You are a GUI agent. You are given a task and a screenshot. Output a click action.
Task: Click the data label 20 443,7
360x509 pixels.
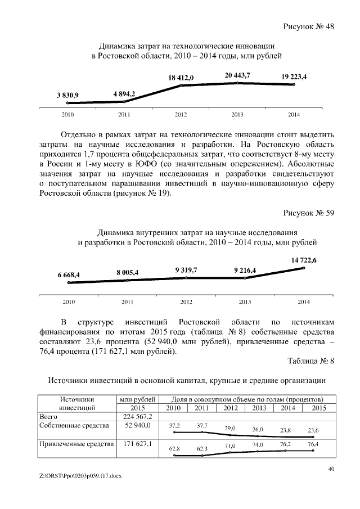click(x=237, y=75)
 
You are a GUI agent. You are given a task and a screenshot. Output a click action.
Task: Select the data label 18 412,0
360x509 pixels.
click(x=181, y=78)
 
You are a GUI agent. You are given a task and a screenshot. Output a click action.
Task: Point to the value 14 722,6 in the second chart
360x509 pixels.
click(x=304, y=260)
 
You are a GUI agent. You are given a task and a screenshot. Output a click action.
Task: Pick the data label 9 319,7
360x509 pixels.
click(x=186, y=270)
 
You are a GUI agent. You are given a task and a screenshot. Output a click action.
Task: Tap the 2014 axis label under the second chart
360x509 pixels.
click(x=303, y=302)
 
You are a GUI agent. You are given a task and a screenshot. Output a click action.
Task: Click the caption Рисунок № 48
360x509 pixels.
click(x=308, y=26)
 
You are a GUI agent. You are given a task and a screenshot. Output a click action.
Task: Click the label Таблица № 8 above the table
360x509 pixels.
click(x=311, y=361)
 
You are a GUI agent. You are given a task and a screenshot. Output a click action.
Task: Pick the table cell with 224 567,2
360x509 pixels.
click(x=138, y=416)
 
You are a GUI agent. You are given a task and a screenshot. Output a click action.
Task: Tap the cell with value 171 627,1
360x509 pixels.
click(x=138, y=445)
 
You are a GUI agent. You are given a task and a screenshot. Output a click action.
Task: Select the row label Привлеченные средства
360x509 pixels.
click(x=75, y=445)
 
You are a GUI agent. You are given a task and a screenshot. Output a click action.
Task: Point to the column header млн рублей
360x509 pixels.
click(x=138, y=399)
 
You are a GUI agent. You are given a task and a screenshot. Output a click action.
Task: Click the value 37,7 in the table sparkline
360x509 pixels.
click(x=201, y=426)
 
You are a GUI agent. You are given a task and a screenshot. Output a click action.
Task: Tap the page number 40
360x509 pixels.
click(x=331, y=469)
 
